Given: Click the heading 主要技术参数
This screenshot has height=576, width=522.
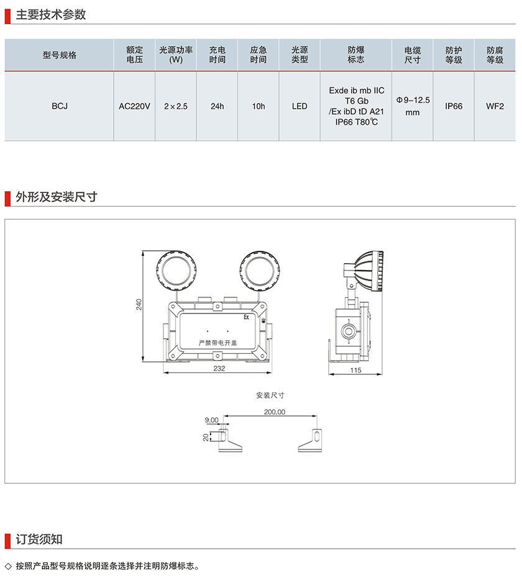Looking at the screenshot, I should [50, 15].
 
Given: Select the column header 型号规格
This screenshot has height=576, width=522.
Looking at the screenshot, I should [60, 55].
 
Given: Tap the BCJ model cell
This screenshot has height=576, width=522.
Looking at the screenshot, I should [60, 106].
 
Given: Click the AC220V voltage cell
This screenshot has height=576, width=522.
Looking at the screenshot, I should [135, 106].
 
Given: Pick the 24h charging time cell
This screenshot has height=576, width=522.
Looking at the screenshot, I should [217, 106].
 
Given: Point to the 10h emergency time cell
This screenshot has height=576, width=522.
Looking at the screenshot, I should [259, 106].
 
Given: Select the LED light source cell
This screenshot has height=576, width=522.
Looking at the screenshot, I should [300, 106].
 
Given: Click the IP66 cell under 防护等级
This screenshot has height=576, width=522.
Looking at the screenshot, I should [454, 106].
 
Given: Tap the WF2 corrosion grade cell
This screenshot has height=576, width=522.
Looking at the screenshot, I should [495, 106].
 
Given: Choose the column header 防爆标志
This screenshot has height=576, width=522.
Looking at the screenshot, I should [356, 55].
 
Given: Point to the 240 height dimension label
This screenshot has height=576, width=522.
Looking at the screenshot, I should [139, 304].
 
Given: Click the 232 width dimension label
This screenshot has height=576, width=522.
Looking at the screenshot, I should [218, 368].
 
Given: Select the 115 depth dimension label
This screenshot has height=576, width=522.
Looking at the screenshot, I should [355, 370].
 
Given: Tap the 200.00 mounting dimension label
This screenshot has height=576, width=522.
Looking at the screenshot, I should [274, 412].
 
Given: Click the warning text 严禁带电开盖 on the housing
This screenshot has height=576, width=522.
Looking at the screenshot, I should [217, 342].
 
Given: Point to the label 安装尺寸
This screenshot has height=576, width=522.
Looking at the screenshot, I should [270, 395].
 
